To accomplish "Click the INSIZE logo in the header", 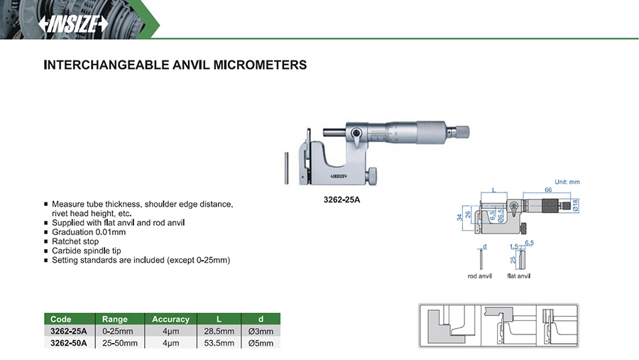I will (x=74, y=23).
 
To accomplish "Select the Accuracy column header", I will (x=170, y=320).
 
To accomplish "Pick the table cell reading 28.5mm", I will (x=217, y=331).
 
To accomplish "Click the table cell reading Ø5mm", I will (x=260, y=343).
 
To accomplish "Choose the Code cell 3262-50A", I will (x=69, y=343).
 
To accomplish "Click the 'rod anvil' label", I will (x=480, y=276).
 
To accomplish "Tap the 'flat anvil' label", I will (x=518, y=276).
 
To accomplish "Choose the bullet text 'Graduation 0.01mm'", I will (x=89, y=232).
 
